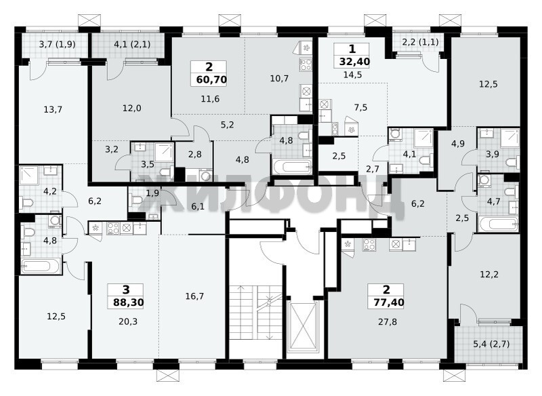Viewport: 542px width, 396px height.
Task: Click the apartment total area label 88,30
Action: [128, 303]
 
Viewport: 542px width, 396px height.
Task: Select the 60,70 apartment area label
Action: [211, 80]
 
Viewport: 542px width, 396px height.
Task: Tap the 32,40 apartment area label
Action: [354, 62]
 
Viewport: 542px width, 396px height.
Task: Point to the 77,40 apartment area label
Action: [389, 302]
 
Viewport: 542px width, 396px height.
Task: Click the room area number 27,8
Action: [387, 322]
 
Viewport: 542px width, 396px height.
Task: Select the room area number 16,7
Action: [194, 296]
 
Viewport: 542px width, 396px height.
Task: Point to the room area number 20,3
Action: [128, 321]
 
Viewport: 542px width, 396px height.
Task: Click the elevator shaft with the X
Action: [304, 326]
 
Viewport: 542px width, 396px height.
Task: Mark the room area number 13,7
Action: [53, 110]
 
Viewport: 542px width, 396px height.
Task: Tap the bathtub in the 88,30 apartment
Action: [41, 266]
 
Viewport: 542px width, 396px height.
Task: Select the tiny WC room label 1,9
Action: [152, 193]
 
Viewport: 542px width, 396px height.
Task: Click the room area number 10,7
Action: [279, 79]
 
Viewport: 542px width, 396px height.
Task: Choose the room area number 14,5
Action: [352, 75]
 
